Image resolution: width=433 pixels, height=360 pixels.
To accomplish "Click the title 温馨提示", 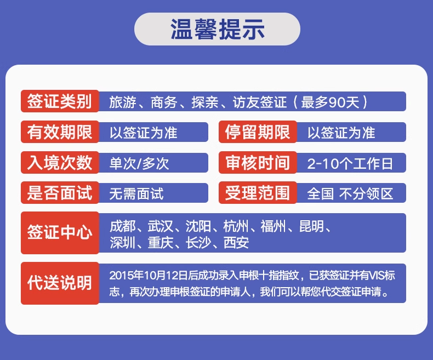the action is tap(218, 29).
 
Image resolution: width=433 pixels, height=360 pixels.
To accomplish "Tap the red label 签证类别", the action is tap(60, 101).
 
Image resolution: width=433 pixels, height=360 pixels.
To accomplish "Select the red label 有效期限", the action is tap(60, 132).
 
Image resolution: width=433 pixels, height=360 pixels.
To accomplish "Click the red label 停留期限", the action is tap(258, 132).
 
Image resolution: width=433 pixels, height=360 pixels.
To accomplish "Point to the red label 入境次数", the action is tap(60, 162).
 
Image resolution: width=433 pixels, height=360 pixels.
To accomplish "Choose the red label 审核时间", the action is tap(258, 162).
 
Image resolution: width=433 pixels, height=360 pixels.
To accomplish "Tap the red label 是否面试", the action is tap(60, 193).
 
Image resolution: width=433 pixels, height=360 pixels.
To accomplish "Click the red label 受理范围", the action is tap(258, 193).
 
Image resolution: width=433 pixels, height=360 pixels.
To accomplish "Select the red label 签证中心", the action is tap(60, 233).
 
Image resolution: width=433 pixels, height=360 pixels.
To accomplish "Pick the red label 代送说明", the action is tap(60, 283).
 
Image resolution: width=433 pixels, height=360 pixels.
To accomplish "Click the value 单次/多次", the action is tap(139, 163).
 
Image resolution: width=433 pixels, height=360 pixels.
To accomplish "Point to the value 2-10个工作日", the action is tap(350, 163).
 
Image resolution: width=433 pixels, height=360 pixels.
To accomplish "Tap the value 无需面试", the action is tap(136, 193).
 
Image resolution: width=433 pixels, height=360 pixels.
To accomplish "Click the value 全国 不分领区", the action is tap(350, 193).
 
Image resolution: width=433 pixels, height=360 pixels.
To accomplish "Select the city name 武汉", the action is tap(161, 226).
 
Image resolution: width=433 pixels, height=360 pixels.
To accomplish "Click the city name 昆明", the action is tap(312, 226).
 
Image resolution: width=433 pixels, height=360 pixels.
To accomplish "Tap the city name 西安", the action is tap(236, 243).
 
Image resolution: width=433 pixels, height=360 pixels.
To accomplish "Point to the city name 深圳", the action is tap(122, 243).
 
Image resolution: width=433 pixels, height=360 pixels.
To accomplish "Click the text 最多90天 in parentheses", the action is tap(331, 102).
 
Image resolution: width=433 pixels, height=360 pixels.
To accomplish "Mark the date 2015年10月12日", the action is tap(149, 275).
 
